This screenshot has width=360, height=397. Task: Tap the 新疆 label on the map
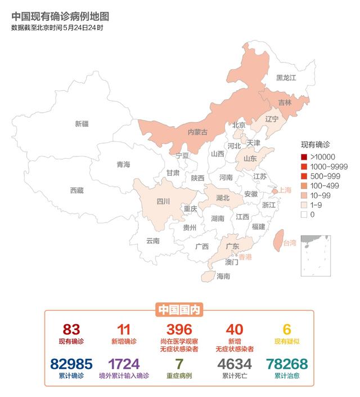point(82,123)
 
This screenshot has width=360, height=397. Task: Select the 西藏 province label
point(76,190)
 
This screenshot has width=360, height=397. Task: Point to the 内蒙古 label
point(197,132)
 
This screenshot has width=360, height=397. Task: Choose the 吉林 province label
point(286,103)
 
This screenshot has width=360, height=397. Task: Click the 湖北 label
point(223,198)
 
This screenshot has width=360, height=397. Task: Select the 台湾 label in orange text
point(289,243)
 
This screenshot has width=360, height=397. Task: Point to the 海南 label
point(223,276)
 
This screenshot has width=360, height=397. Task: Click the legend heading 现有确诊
point(315,145)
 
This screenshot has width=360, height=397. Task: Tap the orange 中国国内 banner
point(179,309)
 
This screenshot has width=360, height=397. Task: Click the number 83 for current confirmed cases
point(71,329)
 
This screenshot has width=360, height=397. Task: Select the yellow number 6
point(287,329)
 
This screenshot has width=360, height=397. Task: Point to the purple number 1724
point(124,364)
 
